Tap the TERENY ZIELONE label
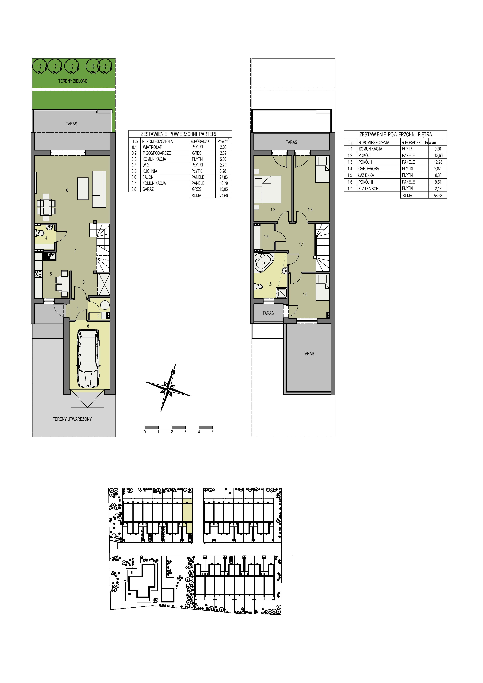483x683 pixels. (x=73, y=81)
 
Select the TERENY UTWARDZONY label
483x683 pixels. (x=72, y=419)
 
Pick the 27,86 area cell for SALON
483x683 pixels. (x=224, y=177)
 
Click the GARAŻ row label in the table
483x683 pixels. (x=148, y=189)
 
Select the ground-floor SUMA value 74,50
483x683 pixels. (x=224, y=196)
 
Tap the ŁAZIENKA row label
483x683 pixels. (x=366, y=175)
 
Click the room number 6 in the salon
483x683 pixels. (x=67, y=190)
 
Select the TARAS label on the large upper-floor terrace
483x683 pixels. (x=308, y=354)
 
